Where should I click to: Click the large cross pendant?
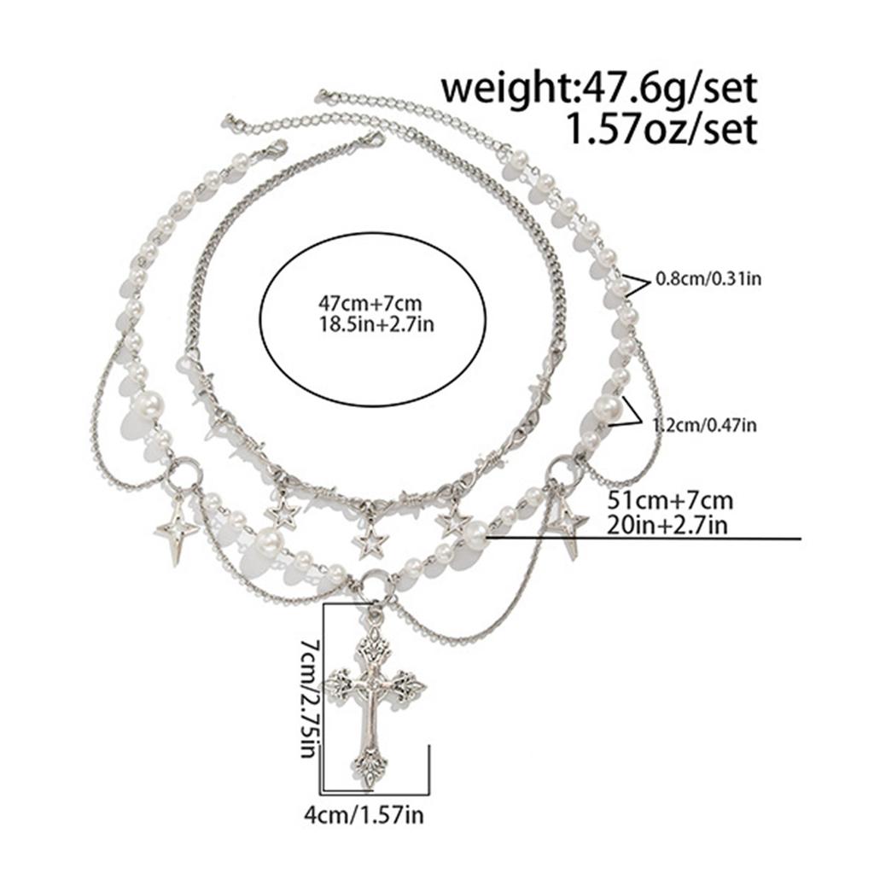376,700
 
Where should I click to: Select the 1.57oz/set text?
661,130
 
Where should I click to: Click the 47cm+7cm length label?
370,305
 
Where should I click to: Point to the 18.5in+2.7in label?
376,324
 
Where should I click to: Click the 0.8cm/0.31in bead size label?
708,279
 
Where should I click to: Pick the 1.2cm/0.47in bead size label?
704,425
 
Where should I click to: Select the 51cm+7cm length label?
669,500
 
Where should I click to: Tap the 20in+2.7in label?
667,525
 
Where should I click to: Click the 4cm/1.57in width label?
364,815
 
